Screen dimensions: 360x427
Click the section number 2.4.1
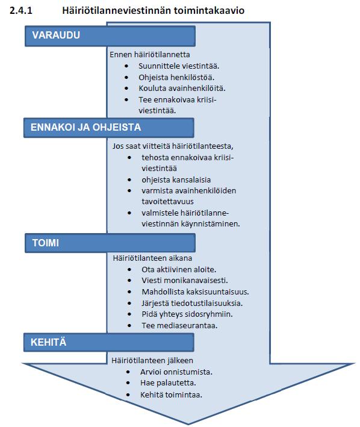[x=20, y=10]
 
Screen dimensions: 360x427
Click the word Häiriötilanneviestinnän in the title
[x=116, y=10]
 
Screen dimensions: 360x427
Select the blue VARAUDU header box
[x=110, y=36]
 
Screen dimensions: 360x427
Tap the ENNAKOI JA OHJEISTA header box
[x=109, y=128]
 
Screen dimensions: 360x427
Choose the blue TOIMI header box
[x=110, y=243]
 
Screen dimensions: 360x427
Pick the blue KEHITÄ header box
[x=109, y=342]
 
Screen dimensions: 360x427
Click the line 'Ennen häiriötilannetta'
[x=150, y=54]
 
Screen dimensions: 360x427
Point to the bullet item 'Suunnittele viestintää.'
[x=179, y=66]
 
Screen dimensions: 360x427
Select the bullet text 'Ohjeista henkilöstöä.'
[x=176, y=77]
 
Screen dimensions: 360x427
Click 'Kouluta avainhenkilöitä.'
[x=182, y=89]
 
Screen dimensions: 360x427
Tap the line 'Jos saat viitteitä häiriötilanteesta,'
[x=173, y=146]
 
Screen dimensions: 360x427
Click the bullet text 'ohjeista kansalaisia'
[x=176, y=179]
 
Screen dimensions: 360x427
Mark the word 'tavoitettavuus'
[x=167, y=202]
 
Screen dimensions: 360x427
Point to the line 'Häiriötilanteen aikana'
[x=152, y=258]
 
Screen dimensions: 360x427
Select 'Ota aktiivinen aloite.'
[x=179, y=270]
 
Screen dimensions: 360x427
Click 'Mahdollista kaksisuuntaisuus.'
[x=195, y=292]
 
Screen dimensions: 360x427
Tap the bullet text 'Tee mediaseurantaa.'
[x=179, y=325]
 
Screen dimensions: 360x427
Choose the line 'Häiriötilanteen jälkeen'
[x=152, y=361]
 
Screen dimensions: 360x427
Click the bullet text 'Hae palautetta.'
[x=168, y=383]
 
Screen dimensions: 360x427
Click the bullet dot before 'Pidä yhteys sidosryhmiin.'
[x=129, y=314]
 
